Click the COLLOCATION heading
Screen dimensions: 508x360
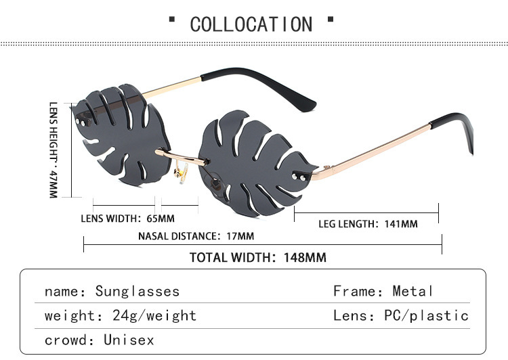[x=251, y=24]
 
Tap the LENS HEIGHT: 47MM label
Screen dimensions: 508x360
[x=54, y=150]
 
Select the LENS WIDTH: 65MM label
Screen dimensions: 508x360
[x=127, y=219]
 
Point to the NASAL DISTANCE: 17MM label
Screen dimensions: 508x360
[x=196, y=236]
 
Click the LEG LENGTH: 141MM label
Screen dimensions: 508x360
[x=368, y=223]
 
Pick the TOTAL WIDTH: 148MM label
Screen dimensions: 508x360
[x=257, y=257]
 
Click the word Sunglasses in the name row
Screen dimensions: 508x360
[x=137, y=292]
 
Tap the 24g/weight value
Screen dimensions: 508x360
[x=150, y=316]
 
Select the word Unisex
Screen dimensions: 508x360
[x=129, y=340]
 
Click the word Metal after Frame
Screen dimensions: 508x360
[x=412, y=292]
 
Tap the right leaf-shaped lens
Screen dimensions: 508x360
[x=254, y=159]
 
